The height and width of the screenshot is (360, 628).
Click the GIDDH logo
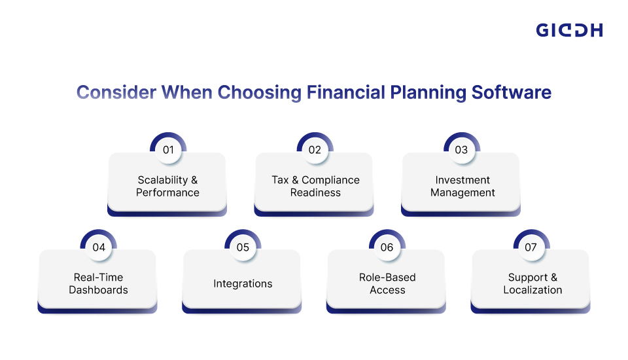click(569, 30)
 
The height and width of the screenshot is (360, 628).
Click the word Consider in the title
click(116, 92)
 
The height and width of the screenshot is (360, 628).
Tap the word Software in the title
click(512, 92)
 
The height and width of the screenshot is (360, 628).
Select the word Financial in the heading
click(345, 92)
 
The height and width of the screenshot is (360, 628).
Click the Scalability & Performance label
click(167, 187)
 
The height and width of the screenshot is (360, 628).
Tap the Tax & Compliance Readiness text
click(315, 187)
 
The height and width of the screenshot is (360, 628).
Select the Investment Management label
click(462, 187)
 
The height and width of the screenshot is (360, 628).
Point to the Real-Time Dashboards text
click(98, 283)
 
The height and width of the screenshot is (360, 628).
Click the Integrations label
click(243, 284)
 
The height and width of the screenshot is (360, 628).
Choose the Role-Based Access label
click(387, 283)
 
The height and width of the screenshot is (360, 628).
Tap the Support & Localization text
click(532, 283)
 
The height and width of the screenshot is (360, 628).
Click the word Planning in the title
click(428, 92)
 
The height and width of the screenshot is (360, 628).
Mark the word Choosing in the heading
click(260, 92)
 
